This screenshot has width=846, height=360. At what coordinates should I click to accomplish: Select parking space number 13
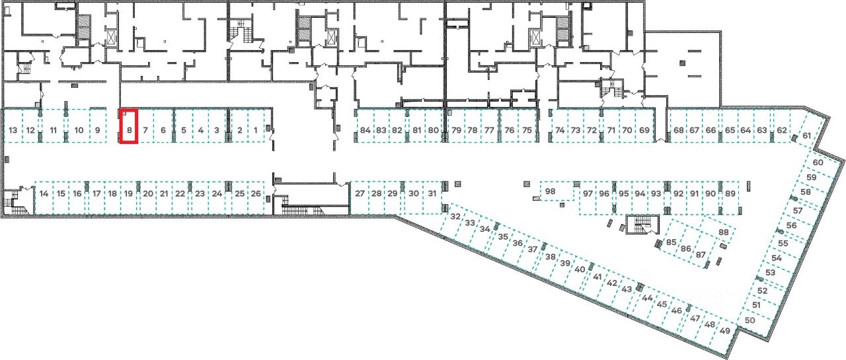pos(13,129)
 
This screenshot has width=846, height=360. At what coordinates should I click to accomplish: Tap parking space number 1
pos(256,129)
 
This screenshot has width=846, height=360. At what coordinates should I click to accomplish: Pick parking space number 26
pos(256,194)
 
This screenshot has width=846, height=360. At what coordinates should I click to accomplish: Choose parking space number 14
pos(44,194)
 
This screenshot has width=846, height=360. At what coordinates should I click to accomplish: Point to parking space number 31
pos(432,194)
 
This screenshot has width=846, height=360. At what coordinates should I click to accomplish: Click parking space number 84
pos(365,129)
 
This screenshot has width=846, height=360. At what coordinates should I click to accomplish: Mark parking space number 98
pos(551,192)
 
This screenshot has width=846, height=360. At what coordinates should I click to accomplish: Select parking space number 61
pos(806,135)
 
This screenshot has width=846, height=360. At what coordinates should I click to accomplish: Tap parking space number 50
pos(750,320)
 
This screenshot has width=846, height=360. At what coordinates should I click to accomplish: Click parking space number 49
pos(726,330)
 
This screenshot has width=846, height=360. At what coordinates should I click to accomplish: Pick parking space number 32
pos(455,216)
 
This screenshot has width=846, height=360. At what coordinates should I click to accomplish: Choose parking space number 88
pos(723,233)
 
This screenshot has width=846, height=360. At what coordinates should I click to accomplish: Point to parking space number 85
pos(672,242)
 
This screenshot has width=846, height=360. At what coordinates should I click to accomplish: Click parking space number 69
pos(644,129)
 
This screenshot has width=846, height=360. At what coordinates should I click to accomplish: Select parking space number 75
pos(527,129)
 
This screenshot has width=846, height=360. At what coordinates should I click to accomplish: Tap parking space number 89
pos(730,194)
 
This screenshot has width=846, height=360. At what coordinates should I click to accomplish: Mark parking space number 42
pos(612,283)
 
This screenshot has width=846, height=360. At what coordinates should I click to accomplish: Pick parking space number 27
pos(359,194)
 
